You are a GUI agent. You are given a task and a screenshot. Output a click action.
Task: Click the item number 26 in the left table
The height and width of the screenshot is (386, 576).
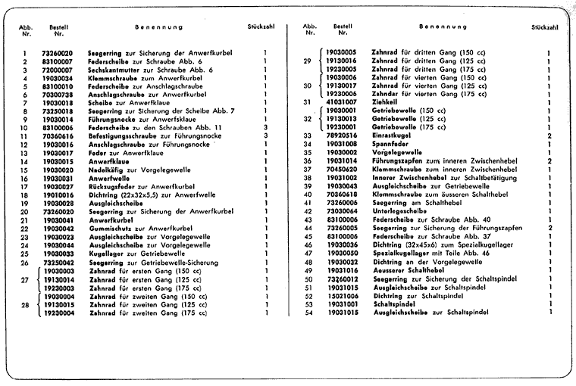25,261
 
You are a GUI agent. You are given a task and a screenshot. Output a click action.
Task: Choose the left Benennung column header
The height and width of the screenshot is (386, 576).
159,27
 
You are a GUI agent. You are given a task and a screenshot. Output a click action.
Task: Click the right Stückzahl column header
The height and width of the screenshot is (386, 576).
545,27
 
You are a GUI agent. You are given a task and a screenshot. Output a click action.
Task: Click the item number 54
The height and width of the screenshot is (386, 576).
308,311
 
